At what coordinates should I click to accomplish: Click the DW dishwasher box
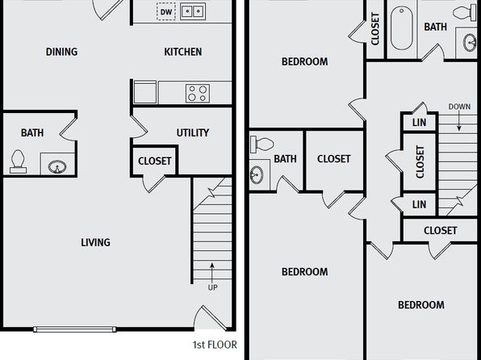pyautogui.click(x=166, y=11)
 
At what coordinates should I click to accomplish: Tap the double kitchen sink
pyautogui.click(x=193, y=11)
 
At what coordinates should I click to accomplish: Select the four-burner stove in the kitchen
pyautogui.click(x=198, y=94)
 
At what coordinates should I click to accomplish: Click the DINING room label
pyautogui.click(x=61, y=52)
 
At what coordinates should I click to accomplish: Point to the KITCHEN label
pyautogui.click(x=183, y=52)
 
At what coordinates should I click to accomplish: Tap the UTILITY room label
pyautogui.click(x=193, y=132)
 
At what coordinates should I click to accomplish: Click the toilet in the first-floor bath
pyautogui.click(x=18, y=161)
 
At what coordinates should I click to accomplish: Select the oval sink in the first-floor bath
pyautogui.click(x=57, y=166)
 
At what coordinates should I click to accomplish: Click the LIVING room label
pyautogui.click(x=95, y=242)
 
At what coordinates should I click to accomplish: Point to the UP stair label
pyautogui.click(x=212, y=287)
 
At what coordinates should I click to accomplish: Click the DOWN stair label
pyautogui.click(x=459, y=107)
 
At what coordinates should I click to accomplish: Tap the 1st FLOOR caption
pyautogui.click(x=215, y=345)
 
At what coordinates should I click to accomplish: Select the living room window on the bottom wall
pyautogui.click(x=74, y=329)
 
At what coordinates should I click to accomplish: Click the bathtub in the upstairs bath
pyautogui.click(x=402, y=28)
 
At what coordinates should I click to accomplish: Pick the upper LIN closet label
pyautogui.click(x=419, y=123)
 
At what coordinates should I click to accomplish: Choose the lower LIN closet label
pyautogui.click(x=419, y=204)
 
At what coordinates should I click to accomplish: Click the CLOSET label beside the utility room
pyautogui.click(x=155, y=161)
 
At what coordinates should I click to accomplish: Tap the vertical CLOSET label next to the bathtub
pyautogui.click(x=375, y=29)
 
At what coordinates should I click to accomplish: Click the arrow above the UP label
pyautogui.click(x=211, y=273)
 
